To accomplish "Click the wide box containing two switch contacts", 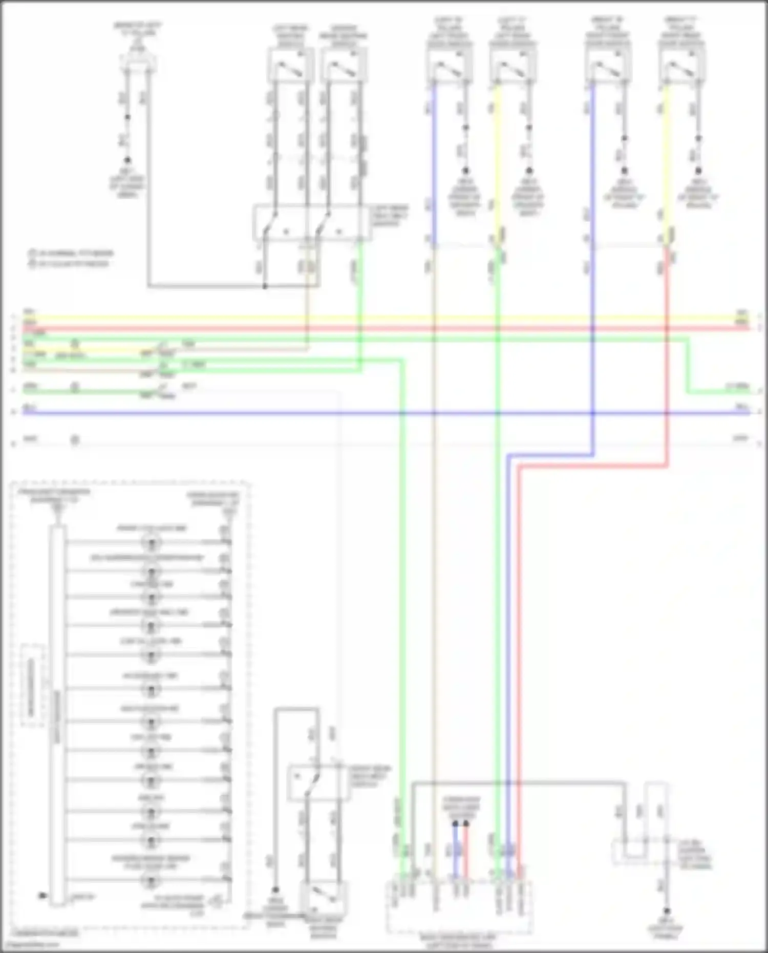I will (312, 223).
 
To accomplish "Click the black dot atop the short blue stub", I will (455, 824).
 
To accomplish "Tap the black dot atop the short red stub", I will (466, 824).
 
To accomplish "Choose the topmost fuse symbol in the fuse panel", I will (151, 542).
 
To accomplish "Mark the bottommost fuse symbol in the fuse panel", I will (151, 881).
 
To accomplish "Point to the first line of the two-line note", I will (71, 253).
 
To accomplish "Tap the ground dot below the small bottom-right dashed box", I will (667, 911).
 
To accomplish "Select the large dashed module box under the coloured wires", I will (459, 906).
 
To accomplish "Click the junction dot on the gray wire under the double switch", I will (265, 286).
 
